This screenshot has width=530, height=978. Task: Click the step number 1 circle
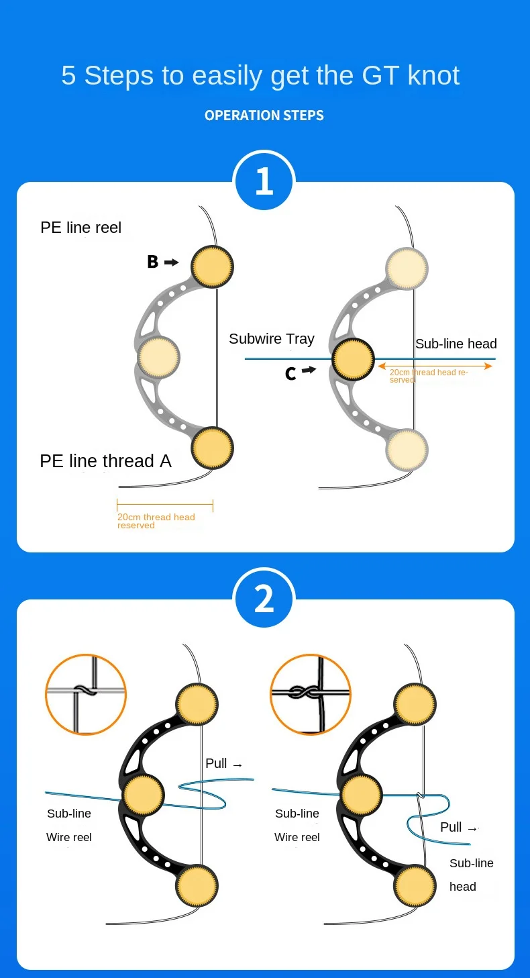[x=264, y=181]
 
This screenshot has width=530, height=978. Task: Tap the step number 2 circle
[x=264, y=599]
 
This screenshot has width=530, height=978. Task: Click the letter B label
[x=153, y=262]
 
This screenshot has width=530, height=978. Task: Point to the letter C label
[x=290, y=374]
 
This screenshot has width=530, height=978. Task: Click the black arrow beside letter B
[x=172, y=262]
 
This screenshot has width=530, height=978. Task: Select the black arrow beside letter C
[x=309, y=370]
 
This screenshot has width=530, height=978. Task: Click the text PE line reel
[x=81, y=228]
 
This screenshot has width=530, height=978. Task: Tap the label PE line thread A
[x=105, y=461]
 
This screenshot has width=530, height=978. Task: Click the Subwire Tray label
[x=272, y=339]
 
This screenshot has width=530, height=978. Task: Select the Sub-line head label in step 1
[x=456, y=344]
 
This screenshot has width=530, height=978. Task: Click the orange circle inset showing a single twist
[x=86, y=693]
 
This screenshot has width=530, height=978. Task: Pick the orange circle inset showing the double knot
[x=311, y=693]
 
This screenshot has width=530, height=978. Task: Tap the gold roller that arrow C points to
[x=353, y=359]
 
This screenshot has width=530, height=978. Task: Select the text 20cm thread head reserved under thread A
[x=156, y=521]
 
